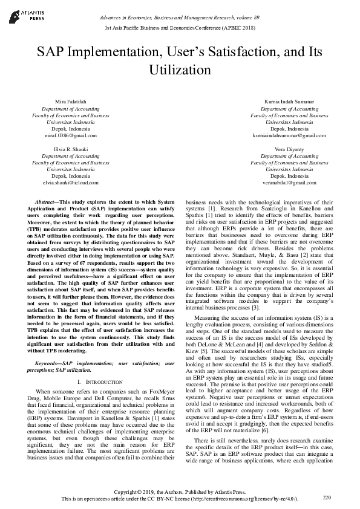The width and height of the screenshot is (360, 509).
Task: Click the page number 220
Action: point(327,497)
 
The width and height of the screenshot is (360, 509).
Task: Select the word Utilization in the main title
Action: point(180,70)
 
